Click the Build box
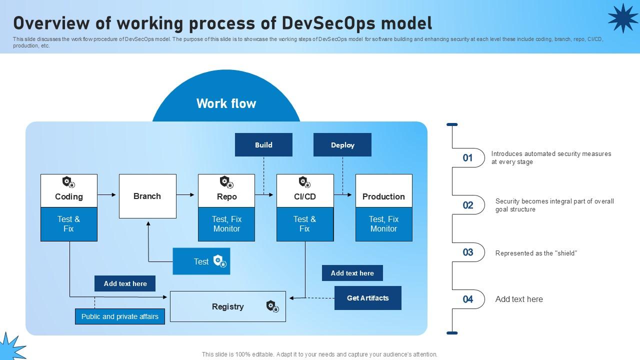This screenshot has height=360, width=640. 263,144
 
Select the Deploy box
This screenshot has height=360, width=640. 342,144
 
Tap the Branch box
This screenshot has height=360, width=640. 147,196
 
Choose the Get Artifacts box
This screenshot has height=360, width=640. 367,298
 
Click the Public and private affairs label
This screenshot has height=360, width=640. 120,316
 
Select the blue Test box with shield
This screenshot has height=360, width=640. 201,261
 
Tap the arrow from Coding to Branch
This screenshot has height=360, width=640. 107,194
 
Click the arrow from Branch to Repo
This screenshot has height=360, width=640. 186,194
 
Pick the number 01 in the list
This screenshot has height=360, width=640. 467,158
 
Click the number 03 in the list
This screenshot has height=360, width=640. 467,252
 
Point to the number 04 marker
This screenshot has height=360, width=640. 467,299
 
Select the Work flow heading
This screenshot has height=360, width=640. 226,103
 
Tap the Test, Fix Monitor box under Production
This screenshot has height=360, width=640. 383,224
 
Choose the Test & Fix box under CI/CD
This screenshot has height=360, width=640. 304,224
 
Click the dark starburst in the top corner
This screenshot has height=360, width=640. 622,18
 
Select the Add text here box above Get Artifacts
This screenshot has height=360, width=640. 352,273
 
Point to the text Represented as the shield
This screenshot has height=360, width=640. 536,253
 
